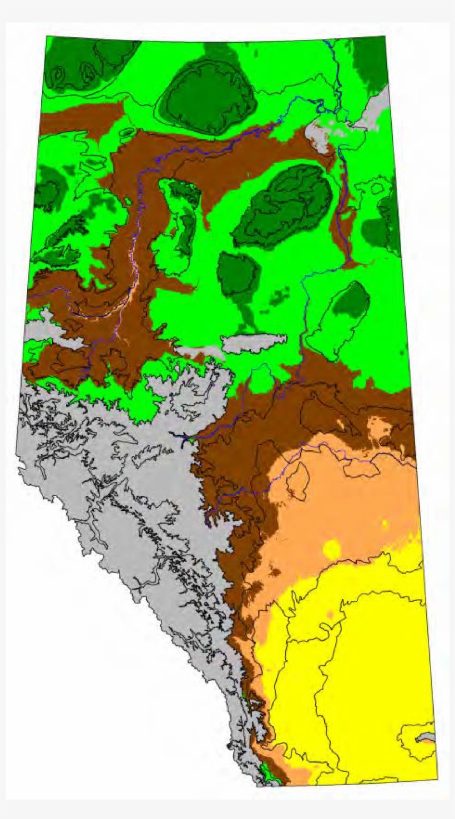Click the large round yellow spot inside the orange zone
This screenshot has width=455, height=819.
click(x=331, y=549)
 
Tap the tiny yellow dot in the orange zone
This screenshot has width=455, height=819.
click(x=385, y=523)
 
